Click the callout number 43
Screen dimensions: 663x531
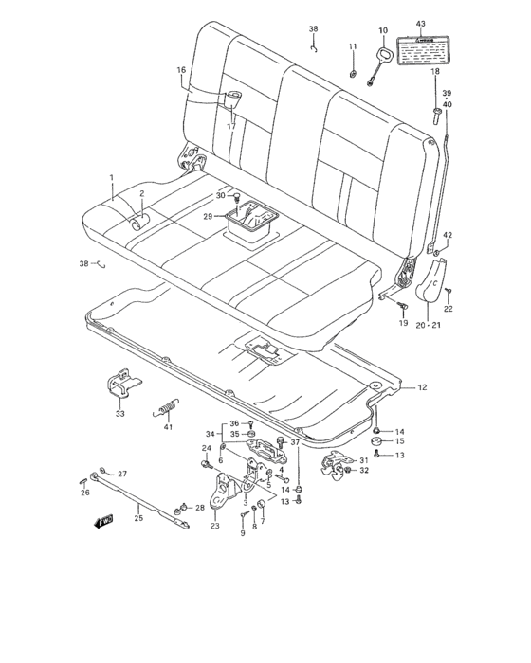(420, 23)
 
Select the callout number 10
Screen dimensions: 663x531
(383, 30)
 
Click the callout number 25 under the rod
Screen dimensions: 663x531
(139, 517)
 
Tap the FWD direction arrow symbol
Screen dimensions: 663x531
(102, 520)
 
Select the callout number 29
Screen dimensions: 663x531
(208, 216)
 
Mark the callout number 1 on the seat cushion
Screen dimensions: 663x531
(111, 178)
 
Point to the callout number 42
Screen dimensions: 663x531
(448, 235)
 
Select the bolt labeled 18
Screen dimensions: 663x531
(435, 116)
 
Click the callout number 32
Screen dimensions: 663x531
(364, 470)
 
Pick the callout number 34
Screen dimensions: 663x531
(210, 435)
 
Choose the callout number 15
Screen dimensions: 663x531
(399, 441)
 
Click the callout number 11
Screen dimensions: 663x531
(352, 46)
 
